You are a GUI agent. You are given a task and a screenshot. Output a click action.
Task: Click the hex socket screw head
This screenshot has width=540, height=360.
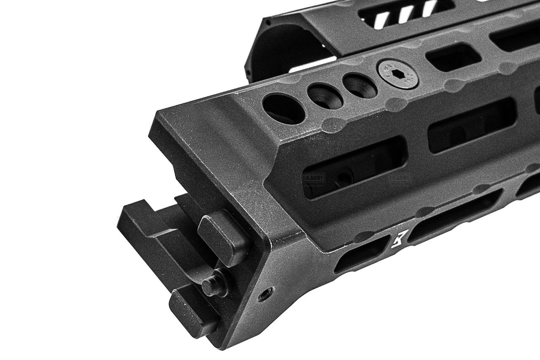tap(398, 74)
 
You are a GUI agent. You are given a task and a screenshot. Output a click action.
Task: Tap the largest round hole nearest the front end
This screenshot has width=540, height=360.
tap(284, 109)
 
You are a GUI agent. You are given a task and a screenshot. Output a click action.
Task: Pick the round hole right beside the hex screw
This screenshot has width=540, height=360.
tap(359, 86)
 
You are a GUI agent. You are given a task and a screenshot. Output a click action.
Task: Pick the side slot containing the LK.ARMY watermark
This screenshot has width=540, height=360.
tap(354, 169)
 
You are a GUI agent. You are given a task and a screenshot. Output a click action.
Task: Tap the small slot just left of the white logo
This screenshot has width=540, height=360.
tap(362, 254)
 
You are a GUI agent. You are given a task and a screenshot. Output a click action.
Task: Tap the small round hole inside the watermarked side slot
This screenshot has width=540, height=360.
tap(343, 177)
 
